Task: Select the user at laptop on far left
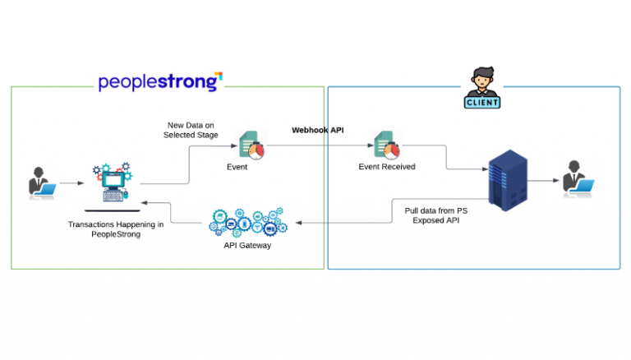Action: (x=38, y=182)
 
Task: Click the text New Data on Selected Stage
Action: (x=191, y=130)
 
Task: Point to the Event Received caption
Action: (x=386, y=167)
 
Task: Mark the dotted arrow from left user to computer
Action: (x=69, y=183)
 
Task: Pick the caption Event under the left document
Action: (x=237, y=167)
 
